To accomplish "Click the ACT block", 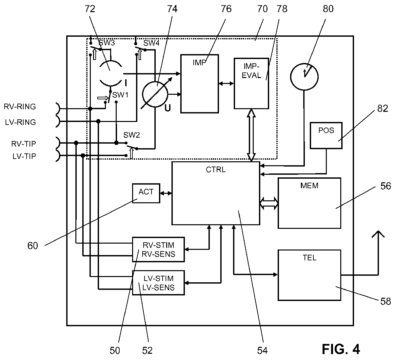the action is [x=146, y=193].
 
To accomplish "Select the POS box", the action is [x=326, y=135].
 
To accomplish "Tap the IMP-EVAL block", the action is [x=251, y=83].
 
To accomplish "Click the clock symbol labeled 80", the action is [x=304, y=77].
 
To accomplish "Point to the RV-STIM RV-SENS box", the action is [x=158, y=249].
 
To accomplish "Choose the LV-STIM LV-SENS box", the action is [x=158, y=283].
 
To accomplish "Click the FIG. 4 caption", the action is [x=341, y=349].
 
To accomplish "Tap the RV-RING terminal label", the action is [x=20, y=107].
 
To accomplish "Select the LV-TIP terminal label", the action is [x=24, y=156].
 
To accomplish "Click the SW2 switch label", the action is [x=131, y=135].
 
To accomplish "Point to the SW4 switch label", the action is [x=151, y=43].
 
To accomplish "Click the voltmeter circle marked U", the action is [x=155, y=94].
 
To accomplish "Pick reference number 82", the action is [x=383, y=109].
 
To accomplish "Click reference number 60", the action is [x=32, y=246].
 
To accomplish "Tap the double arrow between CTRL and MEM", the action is [x=269, y=203].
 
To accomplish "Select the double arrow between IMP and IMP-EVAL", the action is [x=226, y=84].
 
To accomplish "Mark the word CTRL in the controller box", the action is [x=216, y=170].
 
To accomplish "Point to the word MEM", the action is [x=309, y=186].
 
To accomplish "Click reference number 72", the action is [x=90, y=9].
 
